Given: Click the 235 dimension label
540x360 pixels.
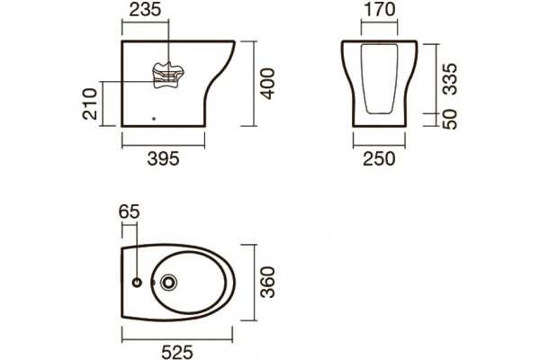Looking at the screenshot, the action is pos(145,10).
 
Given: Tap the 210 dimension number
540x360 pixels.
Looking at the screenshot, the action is pos(90,104).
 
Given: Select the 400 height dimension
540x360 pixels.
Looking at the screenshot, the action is pos(267,84).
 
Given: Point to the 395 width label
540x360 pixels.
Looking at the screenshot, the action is pos(163,158).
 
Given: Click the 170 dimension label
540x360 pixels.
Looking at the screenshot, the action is pos(380,10).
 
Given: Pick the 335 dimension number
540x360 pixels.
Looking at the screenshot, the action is pos(449,79).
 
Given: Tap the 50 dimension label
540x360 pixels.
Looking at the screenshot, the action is pos(449,120).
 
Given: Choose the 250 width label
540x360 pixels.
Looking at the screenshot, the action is pos(379,158).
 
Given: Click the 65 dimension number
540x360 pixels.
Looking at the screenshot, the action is pos(129,211).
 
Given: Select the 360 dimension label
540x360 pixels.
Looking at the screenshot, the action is pos(267,282).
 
